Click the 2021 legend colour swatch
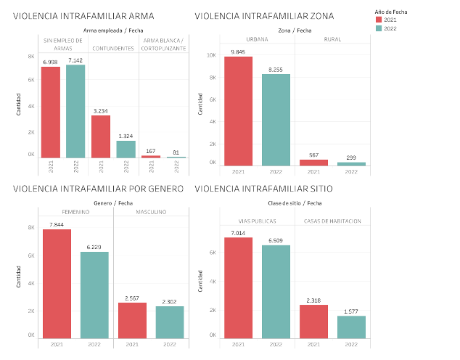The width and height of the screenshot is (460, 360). (379, 20)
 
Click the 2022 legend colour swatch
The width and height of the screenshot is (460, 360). (379, 28)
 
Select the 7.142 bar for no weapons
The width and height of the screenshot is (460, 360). (75, 112)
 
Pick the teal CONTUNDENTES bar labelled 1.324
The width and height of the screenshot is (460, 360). (126, 149)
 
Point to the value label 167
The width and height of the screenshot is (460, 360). (151, 151)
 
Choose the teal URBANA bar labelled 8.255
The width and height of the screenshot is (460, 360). (276, 120)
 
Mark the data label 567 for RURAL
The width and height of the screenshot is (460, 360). (313, 155)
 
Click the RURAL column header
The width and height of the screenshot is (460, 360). (332, 39)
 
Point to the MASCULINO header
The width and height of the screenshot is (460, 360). (151, 212)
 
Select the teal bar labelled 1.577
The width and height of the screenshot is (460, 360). (351, 328)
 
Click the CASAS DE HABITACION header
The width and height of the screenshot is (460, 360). (332, 220)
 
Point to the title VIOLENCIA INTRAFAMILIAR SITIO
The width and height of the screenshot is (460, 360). (268, 189)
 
